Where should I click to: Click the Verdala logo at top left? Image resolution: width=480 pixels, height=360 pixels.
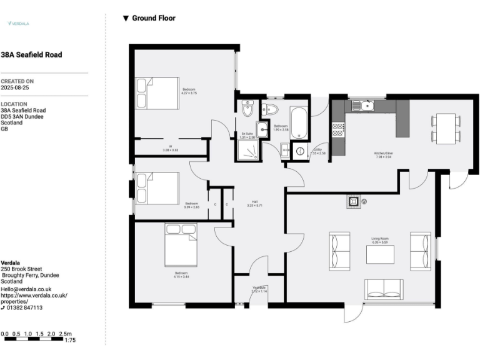pyautogui.click(x=18, y=23)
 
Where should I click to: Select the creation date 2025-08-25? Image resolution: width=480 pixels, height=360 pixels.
pyautogui.click(x=15, y=88)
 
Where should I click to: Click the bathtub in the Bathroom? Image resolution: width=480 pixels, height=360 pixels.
pyautogui.click(x=299, y=122)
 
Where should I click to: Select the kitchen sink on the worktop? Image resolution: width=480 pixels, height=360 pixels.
pyautogui.click(x=362, y=106)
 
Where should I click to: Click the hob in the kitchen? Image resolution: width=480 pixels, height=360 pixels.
pyautogui.click(x=338, y=129)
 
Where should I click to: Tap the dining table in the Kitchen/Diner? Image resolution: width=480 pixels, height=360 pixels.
pyautogui.click(x=446, y=127)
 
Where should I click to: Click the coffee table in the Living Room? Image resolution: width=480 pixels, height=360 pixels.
pyautogui.click(x=380, y=254)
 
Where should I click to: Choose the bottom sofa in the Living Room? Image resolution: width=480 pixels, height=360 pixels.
pyautogui.click(x=384, y=289)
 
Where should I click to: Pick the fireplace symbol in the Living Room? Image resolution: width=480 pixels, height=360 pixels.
pyautogui.click(x=354, y=201)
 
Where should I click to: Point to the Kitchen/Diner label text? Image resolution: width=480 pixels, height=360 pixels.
pyautogui.click(x=383, y=154)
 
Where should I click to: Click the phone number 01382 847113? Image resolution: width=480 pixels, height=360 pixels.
pyautogui.click(x=25, y=307)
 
